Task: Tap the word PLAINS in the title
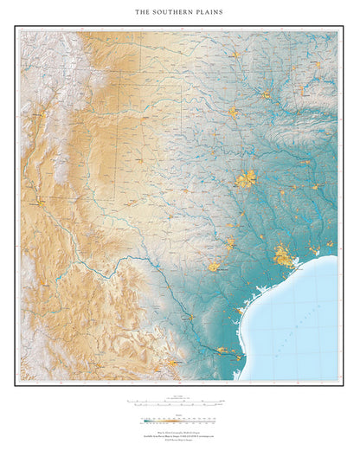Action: point(209,13)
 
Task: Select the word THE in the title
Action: point(145,13)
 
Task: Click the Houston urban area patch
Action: point(283,255)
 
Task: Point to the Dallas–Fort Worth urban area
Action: point(246,180)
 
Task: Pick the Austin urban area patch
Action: point(231,243)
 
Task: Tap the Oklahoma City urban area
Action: point(233,113)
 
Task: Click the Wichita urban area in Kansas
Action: point(235,55)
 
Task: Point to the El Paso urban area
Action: point(38,202)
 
